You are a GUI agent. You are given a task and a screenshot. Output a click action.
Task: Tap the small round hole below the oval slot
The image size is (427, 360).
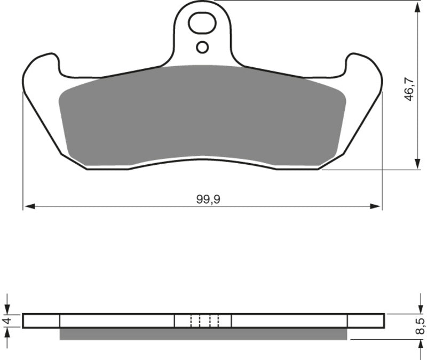(x=202, y=47)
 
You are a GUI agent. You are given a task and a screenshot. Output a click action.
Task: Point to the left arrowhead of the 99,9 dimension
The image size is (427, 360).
(x=28, y=206)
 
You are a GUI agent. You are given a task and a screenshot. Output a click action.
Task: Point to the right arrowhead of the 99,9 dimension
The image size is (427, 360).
(x=378, y=206)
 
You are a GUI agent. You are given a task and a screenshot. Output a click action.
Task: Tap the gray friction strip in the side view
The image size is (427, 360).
(x=203, y=334)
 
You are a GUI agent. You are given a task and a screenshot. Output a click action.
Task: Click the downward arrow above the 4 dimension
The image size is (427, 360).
(x=7, y=309)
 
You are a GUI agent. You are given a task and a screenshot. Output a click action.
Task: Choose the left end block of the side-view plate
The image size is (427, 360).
(x=42, y=321)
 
